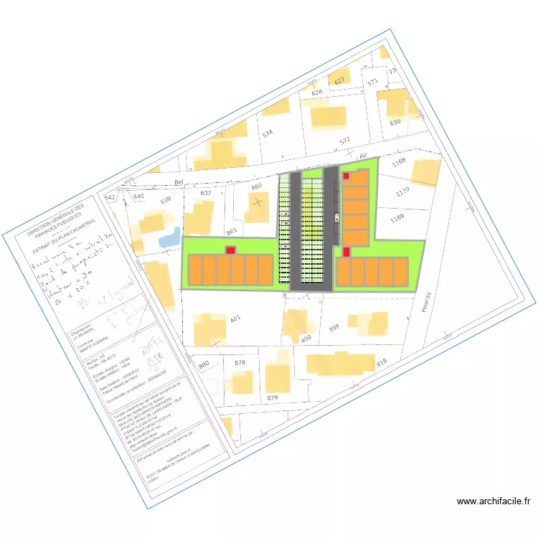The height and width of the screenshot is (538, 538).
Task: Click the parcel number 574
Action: point(268,133)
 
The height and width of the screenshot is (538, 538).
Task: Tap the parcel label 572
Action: point(344,140)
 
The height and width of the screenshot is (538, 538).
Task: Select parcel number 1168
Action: point(399,161)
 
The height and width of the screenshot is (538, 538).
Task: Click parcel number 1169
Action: point(397,217)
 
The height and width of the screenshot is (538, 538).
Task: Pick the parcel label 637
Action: point(205,193)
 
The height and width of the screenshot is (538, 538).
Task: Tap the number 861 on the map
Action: point(231,231)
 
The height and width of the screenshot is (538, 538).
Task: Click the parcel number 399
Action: point(333,328)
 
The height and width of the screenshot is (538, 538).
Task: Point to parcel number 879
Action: point(273,397)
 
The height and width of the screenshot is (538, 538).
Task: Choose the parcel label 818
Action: point(381,362)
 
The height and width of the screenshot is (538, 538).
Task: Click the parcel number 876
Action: point(240,362)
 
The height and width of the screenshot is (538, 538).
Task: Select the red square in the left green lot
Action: point(230,250)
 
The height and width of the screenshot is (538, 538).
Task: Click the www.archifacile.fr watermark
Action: point(492,501)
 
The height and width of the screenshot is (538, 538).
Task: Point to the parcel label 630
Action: point(395,123)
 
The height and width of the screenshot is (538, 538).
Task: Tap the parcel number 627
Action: point(340,80)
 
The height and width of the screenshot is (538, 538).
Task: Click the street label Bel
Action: point(179,182)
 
